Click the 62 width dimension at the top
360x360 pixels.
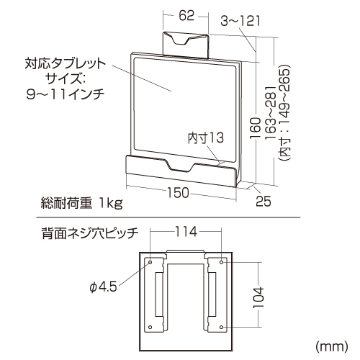(x=186, y=16)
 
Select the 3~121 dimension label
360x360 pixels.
(x=240, y=21)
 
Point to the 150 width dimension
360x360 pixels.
(x=178, y=193)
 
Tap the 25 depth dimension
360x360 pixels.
(x=264, y=201)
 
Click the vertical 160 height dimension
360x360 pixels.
(x=256, y=127)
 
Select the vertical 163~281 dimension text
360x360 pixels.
(x=271, y=113)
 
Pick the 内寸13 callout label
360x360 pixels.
(x=206, y=138)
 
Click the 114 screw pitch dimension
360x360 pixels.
(x=186, y=232)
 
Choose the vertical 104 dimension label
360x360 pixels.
(x=258, y=297)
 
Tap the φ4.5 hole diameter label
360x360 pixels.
(x=104, y=287)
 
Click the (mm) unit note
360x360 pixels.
(x=332, y=346)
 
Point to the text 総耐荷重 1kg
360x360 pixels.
(x=81, y=204)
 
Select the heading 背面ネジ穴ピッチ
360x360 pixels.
(x=90, y=233)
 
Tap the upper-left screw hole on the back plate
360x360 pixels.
(x=150, y=262)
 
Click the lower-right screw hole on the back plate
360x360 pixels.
(x=222, y=327)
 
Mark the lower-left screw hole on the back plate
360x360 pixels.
(x=150, y=327)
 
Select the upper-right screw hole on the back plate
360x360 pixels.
(x=222, y=262)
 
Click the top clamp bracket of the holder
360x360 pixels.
(x=186, y=45)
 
